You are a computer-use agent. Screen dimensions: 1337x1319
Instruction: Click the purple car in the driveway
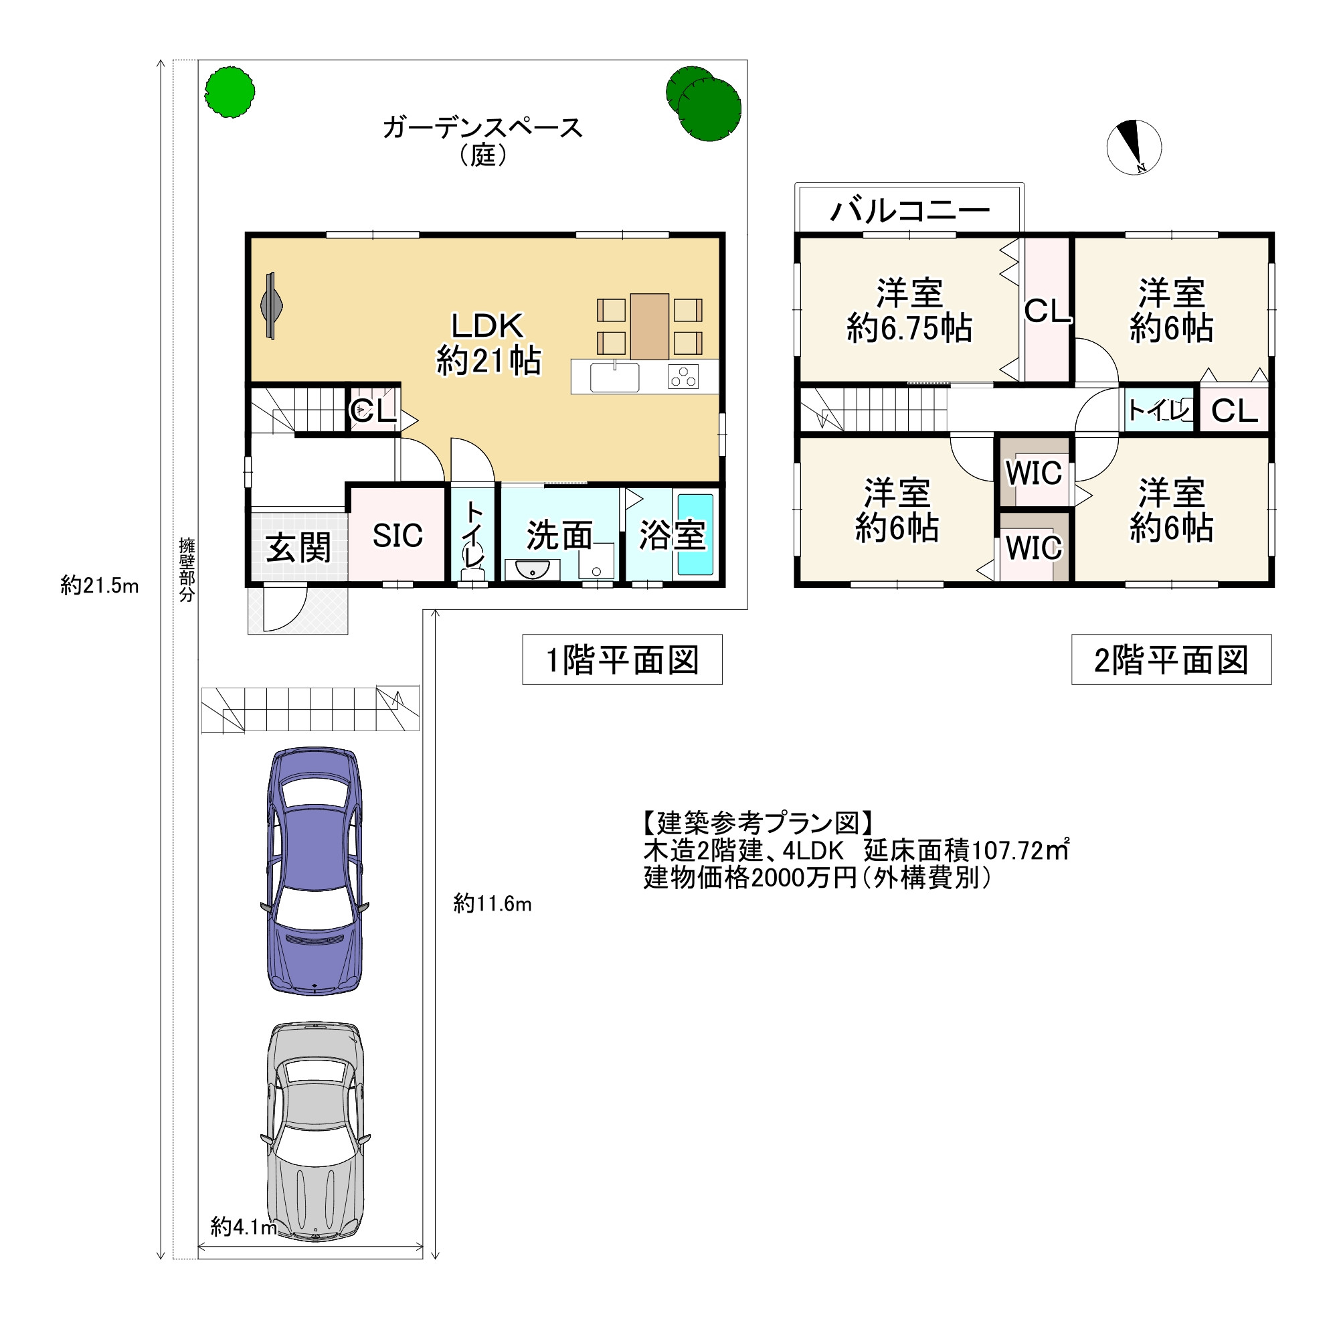[x=315, y=870]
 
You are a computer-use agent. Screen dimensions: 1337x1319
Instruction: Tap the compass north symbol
[x=1134, y=147]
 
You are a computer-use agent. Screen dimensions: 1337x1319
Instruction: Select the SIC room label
[x=397, y=535]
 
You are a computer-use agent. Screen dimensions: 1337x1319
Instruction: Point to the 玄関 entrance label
[x=299, y=548]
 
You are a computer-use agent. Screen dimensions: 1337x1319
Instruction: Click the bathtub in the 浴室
[x=695, y=534]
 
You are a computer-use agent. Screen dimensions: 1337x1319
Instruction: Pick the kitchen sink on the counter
[x=614, y=378]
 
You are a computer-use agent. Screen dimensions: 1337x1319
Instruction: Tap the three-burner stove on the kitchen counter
[x=684, y=377]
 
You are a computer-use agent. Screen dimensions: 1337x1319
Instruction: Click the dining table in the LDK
[x=649, y=326]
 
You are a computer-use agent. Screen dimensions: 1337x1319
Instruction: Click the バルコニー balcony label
[x=909, y=210]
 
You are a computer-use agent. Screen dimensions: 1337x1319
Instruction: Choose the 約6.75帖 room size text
[x=909, y=328]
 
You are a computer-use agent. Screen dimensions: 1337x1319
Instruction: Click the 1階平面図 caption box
[x=622, y=659]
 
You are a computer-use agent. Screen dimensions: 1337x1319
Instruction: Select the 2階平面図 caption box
[x=1171, y=659]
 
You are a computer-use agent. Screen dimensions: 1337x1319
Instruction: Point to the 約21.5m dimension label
[x=100, y=586]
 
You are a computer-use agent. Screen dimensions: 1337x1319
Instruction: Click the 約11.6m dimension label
[x=492, y=904]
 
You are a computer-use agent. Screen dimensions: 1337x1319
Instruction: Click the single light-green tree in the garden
[x=230, y=92]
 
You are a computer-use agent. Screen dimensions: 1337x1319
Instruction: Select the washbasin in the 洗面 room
[x=531, y=569]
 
